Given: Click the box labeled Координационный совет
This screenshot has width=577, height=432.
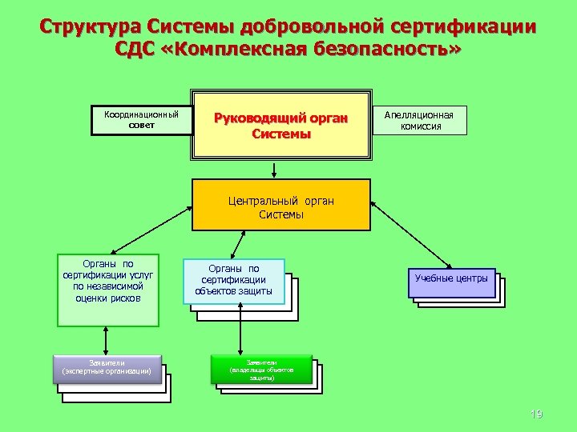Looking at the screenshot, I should pyautogui.click(x=141, y=121).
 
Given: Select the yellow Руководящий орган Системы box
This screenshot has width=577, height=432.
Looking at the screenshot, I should pyautogui.click(x=281, y=126).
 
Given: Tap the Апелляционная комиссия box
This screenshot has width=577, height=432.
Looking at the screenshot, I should pyautogui.click(x=419, y=121).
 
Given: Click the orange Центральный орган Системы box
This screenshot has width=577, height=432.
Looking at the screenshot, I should pyautogui.click(x=281, y=206).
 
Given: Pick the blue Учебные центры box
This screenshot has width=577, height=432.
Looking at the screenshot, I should pyautogui.click(x=451, y=279).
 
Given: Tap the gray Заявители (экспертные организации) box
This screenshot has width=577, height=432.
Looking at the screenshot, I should pyautogui.click(x=107, y=367).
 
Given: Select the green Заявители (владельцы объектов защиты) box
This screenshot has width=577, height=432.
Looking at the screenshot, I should pyautogui.click(x=262, y=369).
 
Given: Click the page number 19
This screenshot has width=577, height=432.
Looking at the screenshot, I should pyautogui.click(x=537, y=414).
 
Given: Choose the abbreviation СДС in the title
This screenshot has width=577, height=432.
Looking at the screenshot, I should pyautogui.click(x=136, y=50).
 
